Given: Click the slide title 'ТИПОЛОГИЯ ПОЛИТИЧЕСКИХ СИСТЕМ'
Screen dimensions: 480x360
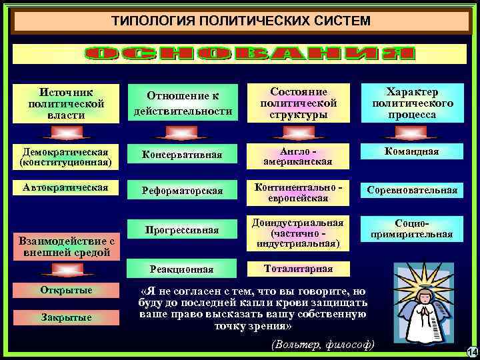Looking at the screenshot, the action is (x=240, y=21).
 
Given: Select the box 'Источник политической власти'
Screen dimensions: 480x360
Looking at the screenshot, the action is (x=66, y=104).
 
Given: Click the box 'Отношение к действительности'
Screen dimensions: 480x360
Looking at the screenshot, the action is (x=183, y=104).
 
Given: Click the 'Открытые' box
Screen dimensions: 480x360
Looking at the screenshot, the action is (x=66, y=290).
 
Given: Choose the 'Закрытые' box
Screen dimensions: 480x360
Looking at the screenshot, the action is (x=66, y=317).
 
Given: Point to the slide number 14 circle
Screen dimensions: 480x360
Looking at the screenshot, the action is (x=472, y=352).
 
